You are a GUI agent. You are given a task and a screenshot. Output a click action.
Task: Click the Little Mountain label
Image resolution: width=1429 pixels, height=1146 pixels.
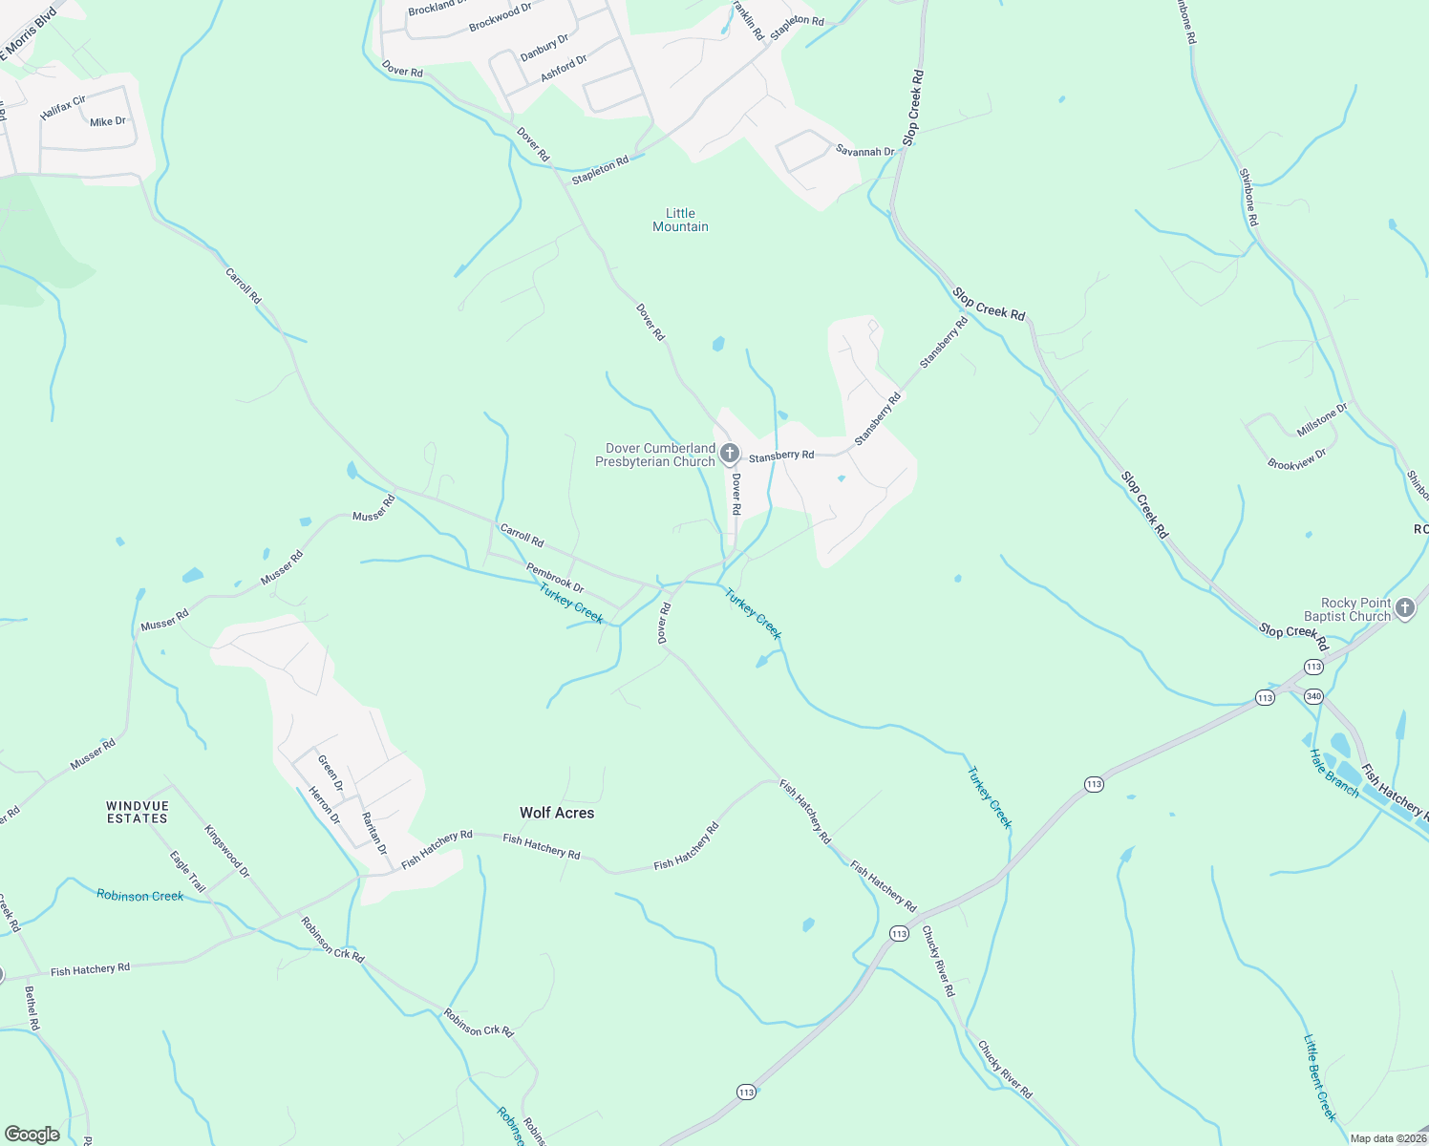(680, 220)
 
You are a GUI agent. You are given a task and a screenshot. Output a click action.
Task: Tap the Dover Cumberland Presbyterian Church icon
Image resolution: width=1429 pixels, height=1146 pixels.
(730, 453)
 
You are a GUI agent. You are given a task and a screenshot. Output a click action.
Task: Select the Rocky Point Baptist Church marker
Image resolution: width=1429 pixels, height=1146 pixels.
(1404, 607)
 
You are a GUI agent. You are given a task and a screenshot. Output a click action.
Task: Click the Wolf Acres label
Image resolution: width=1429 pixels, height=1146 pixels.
(557, 813)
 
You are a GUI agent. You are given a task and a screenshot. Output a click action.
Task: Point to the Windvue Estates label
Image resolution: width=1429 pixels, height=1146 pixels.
(138, 813)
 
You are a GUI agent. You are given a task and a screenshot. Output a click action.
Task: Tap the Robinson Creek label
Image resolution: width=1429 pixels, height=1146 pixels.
(139, 896)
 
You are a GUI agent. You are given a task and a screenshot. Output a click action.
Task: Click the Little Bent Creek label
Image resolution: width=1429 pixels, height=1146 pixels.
(1320, 1078)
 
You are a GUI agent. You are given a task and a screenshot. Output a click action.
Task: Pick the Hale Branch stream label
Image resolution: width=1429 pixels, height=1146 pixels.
(1333, 773)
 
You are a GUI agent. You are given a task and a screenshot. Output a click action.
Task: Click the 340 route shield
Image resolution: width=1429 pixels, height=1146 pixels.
(1313, 696)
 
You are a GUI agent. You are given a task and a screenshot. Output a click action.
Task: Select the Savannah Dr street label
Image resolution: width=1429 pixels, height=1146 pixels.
(864, 151)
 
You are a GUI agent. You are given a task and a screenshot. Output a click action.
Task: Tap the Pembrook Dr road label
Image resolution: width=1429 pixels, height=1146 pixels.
(555, 577)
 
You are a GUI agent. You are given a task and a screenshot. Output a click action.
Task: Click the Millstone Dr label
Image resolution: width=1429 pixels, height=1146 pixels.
(1322, 420)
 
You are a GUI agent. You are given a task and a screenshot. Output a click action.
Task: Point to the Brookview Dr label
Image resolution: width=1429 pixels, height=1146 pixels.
(1297, 458)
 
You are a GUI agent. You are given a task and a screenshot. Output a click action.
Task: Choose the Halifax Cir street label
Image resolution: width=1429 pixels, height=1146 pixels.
(63, 107)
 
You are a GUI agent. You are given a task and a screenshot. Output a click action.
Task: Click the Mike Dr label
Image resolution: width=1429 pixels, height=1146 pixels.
(107, 122)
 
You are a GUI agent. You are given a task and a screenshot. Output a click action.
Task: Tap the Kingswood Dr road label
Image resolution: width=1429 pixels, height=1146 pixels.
(226, 851)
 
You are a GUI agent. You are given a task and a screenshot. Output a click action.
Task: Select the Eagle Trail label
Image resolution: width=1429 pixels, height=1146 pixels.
(187, 871)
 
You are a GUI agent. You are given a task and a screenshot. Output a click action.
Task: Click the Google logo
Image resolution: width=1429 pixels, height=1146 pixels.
(32, 1135)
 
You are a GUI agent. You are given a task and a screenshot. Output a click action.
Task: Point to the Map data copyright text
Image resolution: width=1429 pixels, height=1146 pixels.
(1387, 1138)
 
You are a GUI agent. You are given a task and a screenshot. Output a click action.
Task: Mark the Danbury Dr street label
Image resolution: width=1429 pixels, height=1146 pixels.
(544, 47)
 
